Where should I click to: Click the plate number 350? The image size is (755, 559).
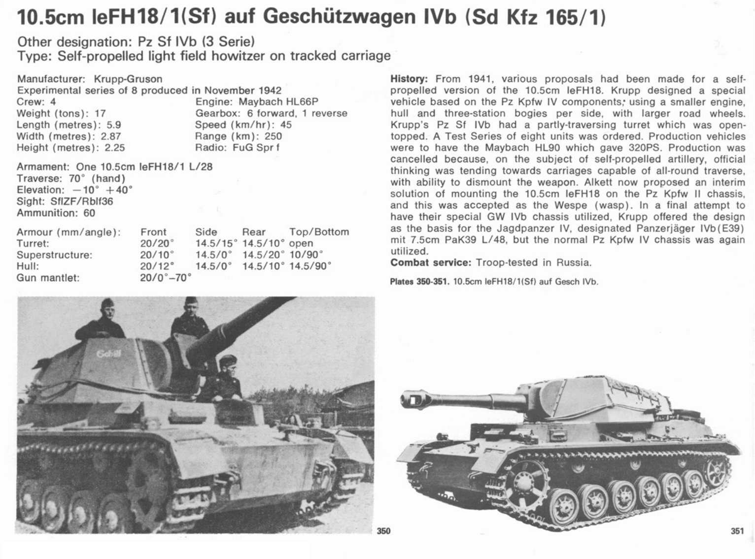pos(383,531)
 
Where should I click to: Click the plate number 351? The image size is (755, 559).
pos(737,531)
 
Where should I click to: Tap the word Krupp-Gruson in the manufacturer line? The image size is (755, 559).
pos(128,79)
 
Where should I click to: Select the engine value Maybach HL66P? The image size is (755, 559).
pos(278,102)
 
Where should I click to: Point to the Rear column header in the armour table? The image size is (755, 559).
pos(253,232)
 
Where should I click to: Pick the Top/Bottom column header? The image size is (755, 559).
pos(319,232)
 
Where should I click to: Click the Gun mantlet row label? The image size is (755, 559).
pos(48,278)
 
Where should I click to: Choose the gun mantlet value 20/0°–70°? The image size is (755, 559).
pos(166,278)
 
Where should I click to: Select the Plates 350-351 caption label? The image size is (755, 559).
pos(419,282)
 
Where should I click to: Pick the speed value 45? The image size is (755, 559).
pos(286,125)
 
